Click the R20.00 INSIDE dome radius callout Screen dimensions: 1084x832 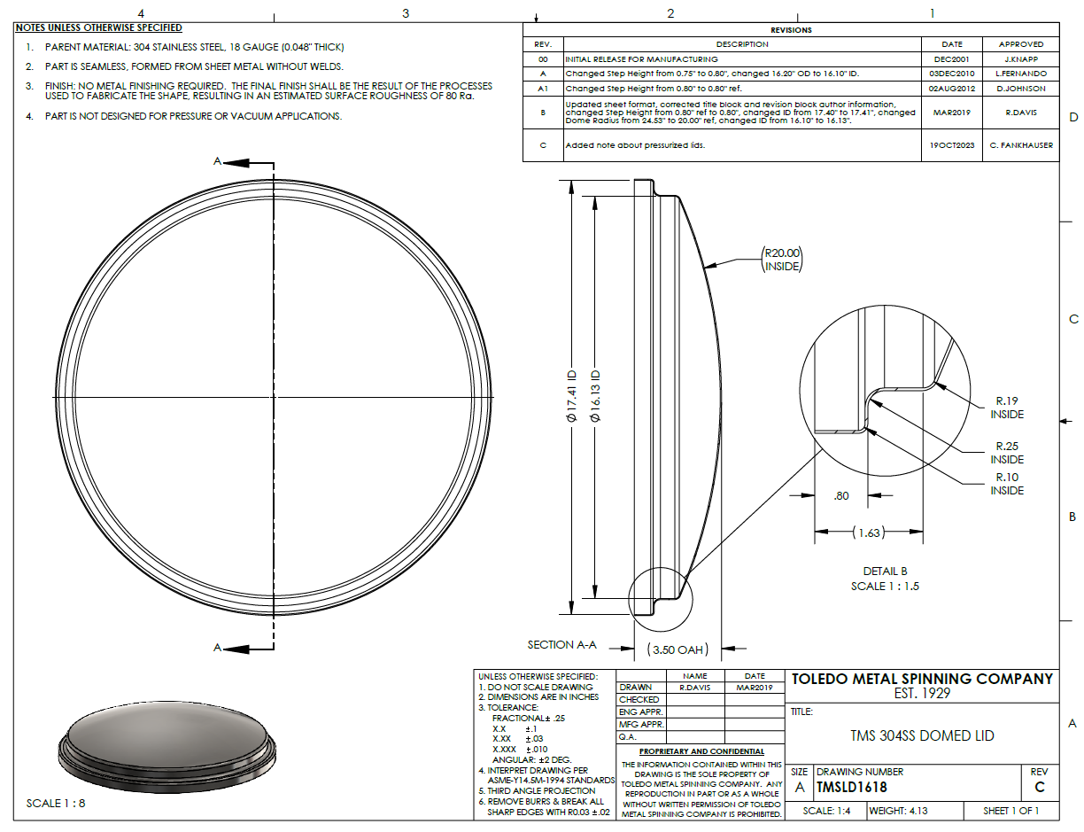[782, 260]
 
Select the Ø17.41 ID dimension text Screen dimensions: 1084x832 [572, 397]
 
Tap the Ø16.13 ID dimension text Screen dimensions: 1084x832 [595, 397]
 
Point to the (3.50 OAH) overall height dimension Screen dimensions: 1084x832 [677, 649]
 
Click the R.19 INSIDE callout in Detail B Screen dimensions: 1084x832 [1007, 408]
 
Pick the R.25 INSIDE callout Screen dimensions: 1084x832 [1007, 453]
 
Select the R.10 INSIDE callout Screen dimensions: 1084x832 [1007, 484]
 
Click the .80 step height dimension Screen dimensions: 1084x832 [841, 495]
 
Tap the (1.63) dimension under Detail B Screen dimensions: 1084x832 [869, 533]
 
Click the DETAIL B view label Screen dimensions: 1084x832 [885, 571]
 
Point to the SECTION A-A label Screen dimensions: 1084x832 [561, 644]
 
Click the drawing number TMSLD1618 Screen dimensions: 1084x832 [852, 787]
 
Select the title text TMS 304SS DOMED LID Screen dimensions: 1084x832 [922, 735]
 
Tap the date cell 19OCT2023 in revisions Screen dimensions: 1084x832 [951, 145]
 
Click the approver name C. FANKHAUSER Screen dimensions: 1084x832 [1021, 145]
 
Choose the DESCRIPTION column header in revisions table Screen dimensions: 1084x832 [742, 44]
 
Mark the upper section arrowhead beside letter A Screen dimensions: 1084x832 [236, 163]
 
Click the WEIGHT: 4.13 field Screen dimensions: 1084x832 [898, 811]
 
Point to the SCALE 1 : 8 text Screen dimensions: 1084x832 [56, 803]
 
